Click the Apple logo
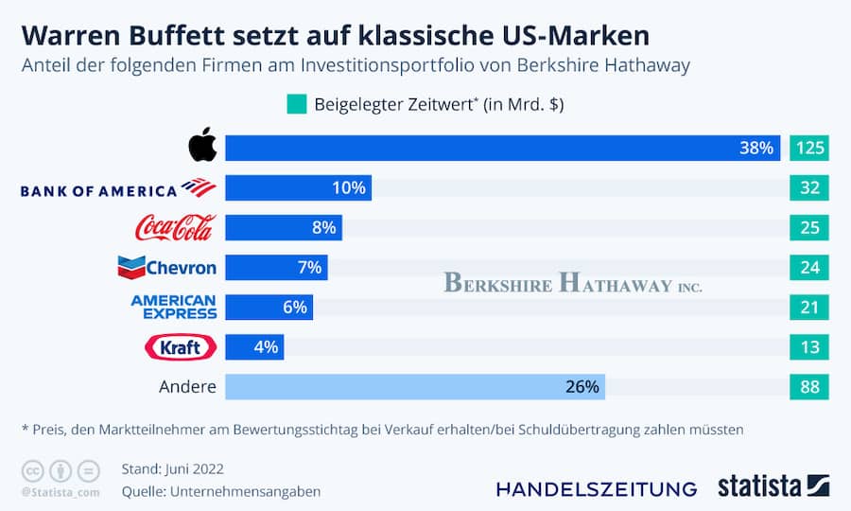[202, 148]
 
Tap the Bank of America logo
[118, 188]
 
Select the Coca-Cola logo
[176, 227]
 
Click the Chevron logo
[166, 267]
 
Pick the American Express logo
[173, 307]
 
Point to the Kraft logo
[180, 347]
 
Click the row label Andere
[187, 387]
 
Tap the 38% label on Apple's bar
[756, 149]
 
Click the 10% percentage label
[348, 188]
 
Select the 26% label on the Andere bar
[582, 387]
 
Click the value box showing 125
[809, 149]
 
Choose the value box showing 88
[809, 387]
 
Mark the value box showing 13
[809, 347]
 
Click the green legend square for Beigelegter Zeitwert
[296, 104]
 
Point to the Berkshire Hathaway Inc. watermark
[573, 282]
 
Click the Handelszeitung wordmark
[596, 488]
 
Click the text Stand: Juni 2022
[173, 468]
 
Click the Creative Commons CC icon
[31, 469]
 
